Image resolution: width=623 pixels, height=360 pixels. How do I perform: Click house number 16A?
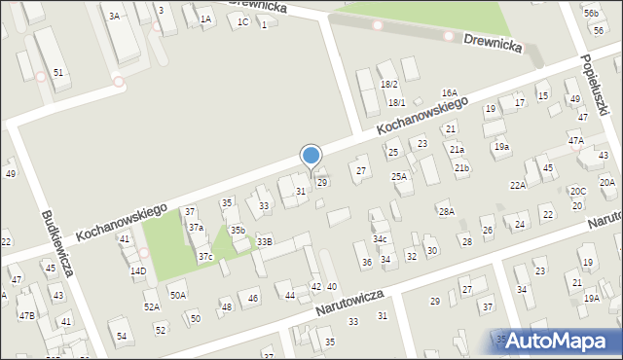pyautogui.click(x=449, y=92)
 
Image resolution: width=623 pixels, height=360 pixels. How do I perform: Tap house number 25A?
pyautogui.click(x=399, y=176)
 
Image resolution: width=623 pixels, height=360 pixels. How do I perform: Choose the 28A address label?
pyautogui.click(x=446, y=211)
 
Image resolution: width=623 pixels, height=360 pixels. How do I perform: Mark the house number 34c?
pyautogui.click(x=380, y=238)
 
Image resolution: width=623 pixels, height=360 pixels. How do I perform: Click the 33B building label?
pyautogui.click(x=265, y=241)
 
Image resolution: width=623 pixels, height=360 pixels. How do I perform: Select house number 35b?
pyautogui.click(x=238, y=230)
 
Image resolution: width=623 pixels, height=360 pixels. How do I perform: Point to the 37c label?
pyautogui.click(x=205, y=257)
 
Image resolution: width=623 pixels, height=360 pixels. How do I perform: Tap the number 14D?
pyautogui.click(x=138, y=270)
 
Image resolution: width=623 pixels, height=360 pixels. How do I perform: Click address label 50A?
pyautogui.click(x=177, y=295)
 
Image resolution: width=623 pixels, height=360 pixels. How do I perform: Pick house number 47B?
pyautogui.click(x=26, y=315)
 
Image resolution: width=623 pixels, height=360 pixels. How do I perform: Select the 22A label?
pyautogui.click(x=518, y=185)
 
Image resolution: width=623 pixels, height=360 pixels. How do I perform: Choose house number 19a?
pyautogui.click(x=501, y=146)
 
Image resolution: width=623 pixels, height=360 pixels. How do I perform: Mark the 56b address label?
pyautogui.click(x=591, y=13)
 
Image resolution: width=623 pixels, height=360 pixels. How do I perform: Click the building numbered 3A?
pyautogui.click(x=114, y=17)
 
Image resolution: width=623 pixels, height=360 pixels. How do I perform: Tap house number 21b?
pyautogui.click(x=460, y=168)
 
